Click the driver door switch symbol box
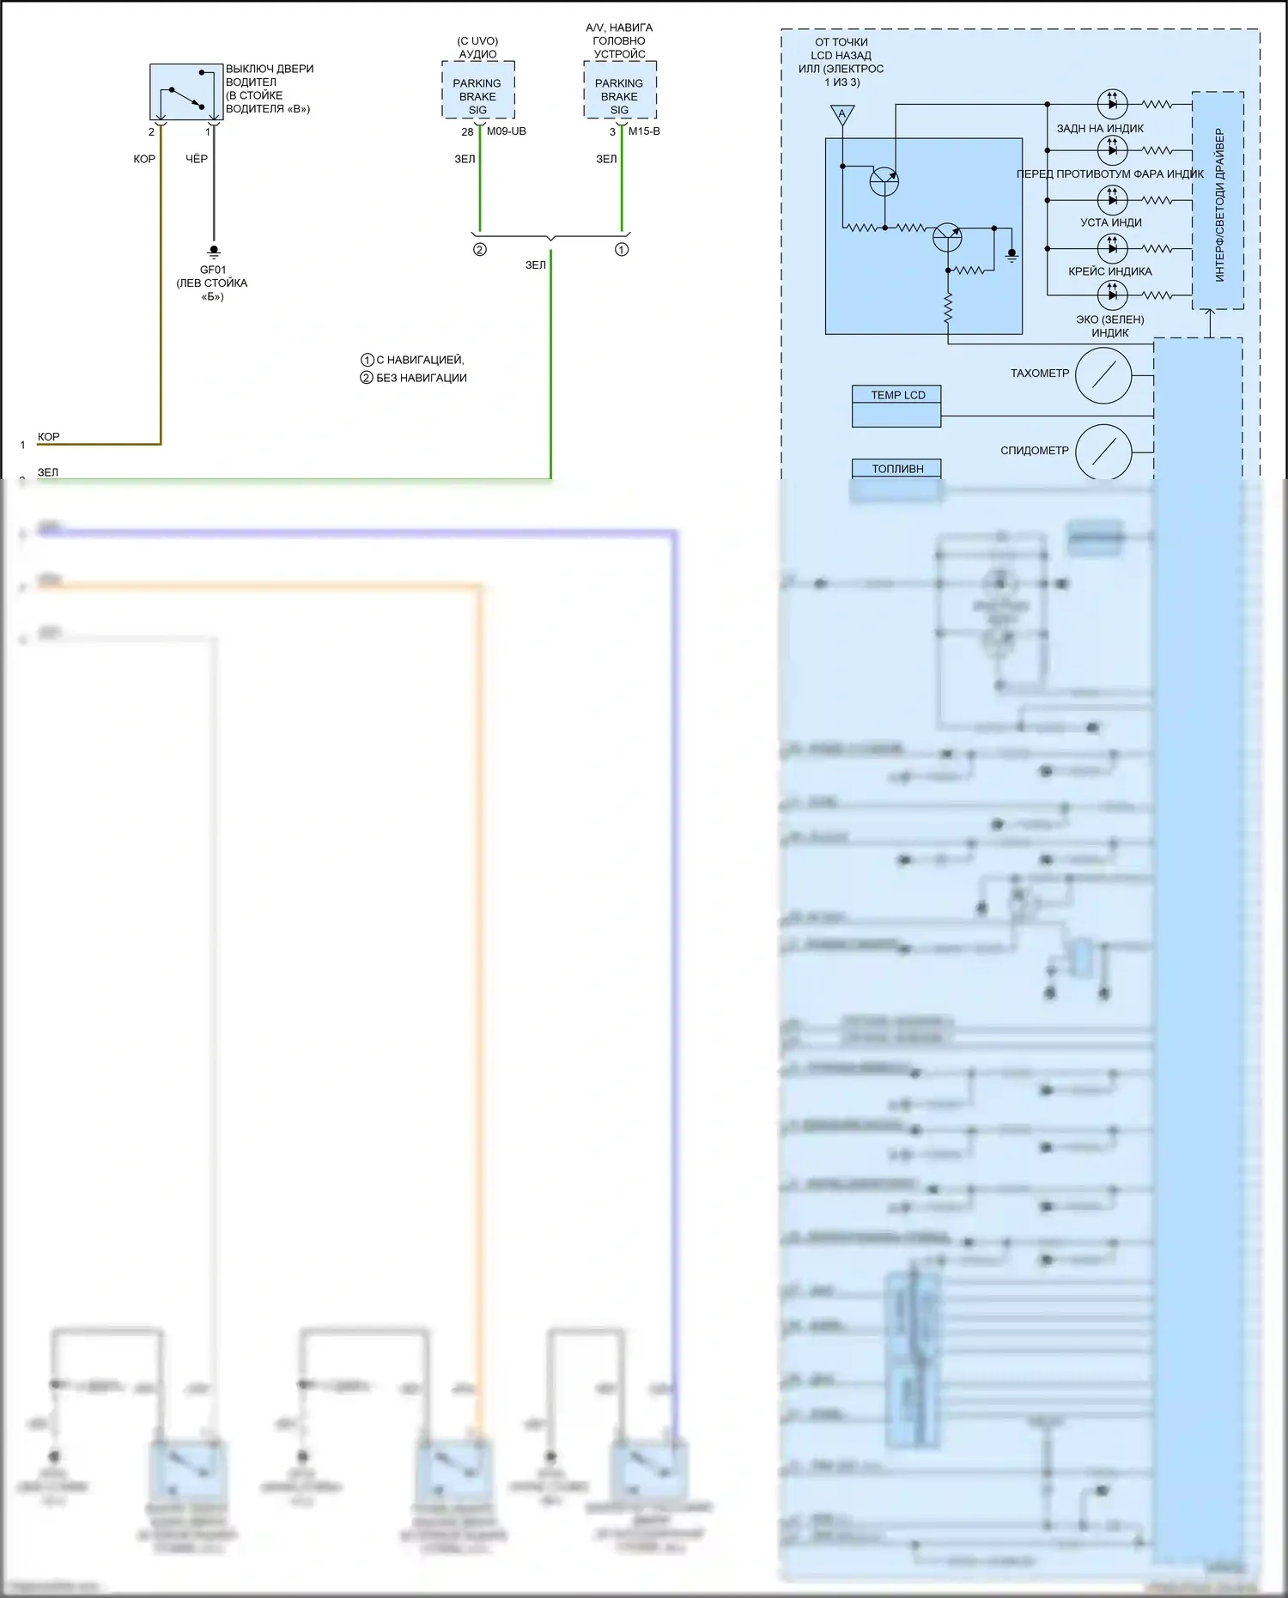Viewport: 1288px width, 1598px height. coord(186,92)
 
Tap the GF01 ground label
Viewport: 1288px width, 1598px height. coord(213,270)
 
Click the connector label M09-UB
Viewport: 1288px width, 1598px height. coord(507,131)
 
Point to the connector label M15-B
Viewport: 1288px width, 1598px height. coord(644,131)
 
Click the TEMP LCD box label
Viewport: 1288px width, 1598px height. coord(898,395)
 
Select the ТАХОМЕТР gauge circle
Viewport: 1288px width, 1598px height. coord(1103,375)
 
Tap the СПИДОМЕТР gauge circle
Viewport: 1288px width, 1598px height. coord(1103,452)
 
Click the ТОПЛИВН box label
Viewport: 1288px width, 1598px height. coord(897,469)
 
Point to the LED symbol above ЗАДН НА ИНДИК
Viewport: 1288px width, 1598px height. coord(1113,104)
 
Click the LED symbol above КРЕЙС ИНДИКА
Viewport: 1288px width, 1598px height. coord(1113,248)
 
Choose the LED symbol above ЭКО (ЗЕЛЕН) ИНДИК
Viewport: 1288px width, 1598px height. coord(1113,295)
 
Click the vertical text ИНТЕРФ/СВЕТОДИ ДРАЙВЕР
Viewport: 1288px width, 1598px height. coord(1219,204)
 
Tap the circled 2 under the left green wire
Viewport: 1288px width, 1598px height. coord(480,250)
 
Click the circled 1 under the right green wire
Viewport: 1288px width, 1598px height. coord(622,250)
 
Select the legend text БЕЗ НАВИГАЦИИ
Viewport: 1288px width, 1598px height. coord(421,378)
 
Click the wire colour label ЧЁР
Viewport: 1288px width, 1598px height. coord(197,159)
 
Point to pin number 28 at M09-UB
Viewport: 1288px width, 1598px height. coord(467,132)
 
